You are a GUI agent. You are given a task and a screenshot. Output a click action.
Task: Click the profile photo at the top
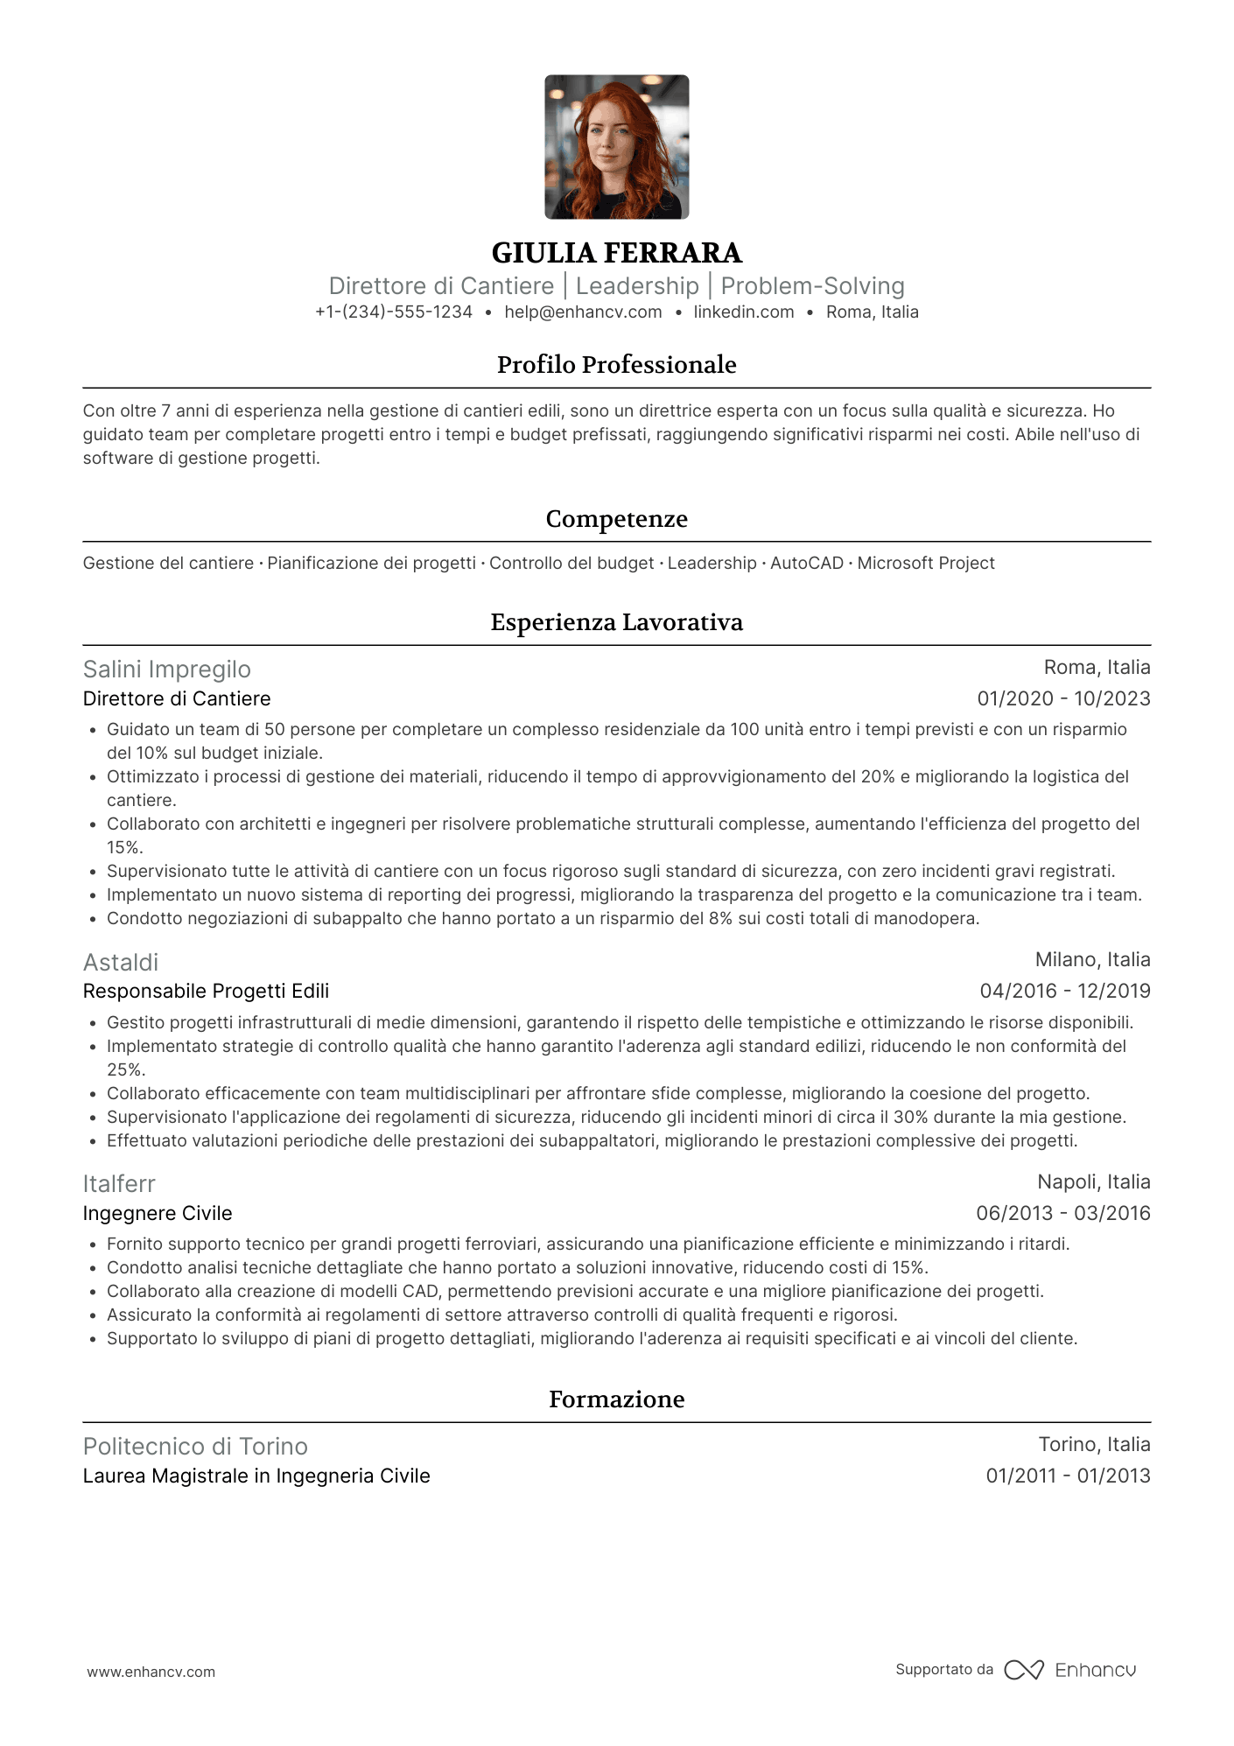point(616,147)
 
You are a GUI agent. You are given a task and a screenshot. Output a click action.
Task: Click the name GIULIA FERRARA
point(616,253)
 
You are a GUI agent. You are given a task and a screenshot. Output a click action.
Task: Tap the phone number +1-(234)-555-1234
point(394,312)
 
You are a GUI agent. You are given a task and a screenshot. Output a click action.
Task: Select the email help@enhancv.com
point(583,312)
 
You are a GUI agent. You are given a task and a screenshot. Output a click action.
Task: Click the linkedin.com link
point(744,312)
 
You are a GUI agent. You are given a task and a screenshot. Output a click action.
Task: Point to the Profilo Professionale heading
point(616,365)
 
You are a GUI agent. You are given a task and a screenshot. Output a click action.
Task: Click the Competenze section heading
point(616,519)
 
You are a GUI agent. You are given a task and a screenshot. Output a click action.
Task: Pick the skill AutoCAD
point(806,564)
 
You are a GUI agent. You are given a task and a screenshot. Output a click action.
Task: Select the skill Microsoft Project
point(926,564)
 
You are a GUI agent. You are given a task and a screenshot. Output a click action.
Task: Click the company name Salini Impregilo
point(167,670)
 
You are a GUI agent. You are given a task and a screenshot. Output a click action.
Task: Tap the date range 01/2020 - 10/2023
point(1063,699)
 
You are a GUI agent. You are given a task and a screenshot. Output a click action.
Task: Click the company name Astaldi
point(121,963)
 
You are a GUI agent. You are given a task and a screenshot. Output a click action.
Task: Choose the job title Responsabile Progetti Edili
point(206,992)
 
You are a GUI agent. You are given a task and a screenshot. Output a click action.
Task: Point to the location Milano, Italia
point(1092,960)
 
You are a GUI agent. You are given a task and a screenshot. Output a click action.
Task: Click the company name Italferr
point(119,1184)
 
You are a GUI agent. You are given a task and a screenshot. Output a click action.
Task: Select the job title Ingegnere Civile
point(158,1214)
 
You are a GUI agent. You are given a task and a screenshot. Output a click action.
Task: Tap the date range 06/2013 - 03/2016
point(1063,1214)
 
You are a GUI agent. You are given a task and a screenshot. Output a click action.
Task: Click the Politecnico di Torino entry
point(195,1447)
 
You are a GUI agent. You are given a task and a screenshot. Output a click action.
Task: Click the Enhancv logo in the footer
point(1070,1670)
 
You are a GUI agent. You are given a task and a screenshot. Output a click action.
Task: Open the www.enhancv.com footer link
point(151,1672)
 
